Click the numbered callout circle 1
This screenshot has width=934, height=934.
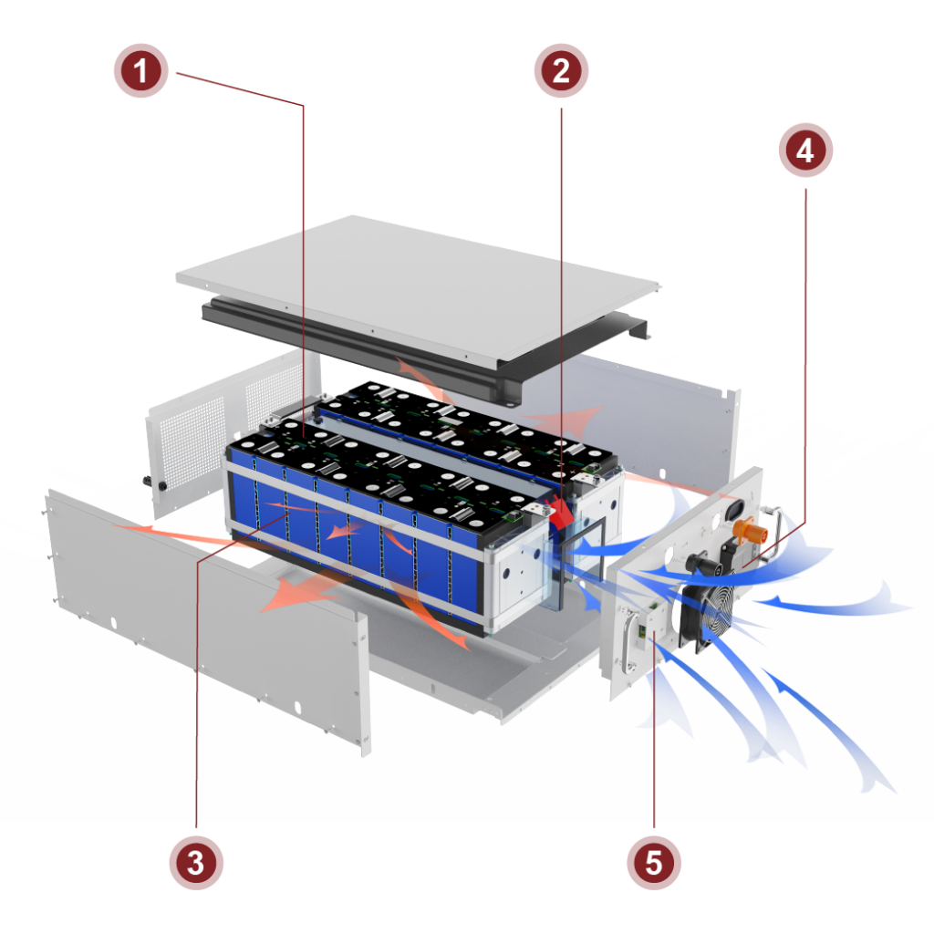pos(140,70)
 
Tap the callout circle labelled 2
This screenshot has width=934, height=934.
pos(561,70)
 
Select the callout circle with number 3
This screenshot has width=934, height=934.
pos(195,862)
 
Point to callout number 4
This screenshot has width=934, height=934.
pos(804,150)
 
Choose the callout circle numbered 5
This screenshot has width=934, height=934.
pos(653,862)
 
